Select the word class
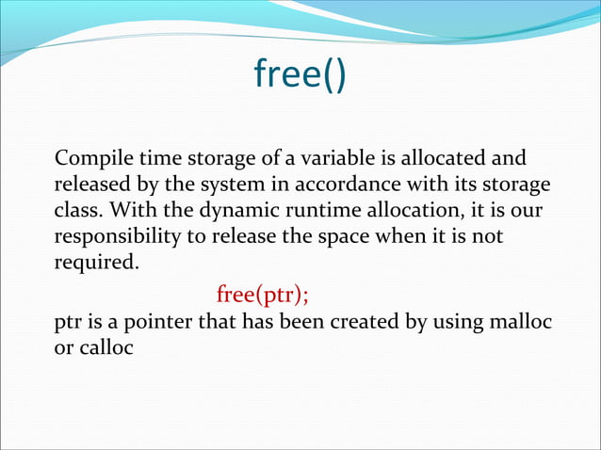coord(79,209)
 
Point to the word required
coord(96,262)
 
